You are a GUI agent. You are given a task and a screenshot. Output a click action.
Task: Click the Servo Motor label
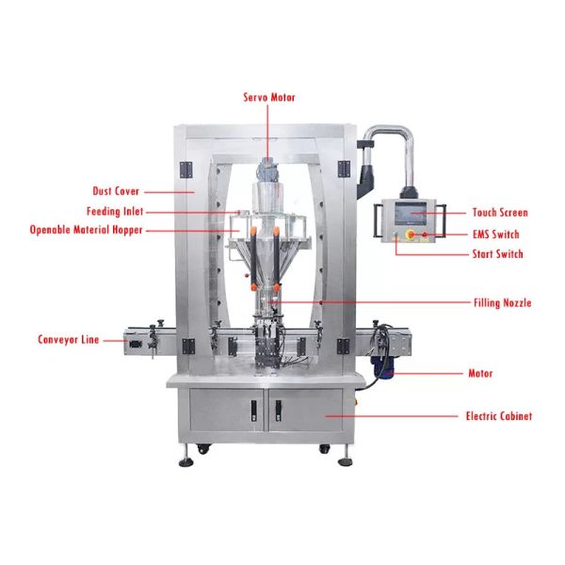pyautogui.click(x=269, y=97)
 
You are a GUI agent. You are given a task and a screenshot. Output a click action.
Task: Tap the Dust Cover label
pyautogui.click(x=116, y=191)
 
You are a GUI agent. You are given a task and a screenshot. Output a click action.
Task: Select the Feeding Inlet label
pyautogui.click(x=115, y=211)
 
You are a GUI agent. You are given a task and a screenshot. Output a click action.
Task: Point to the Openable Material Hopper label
pyautogui.click(x=86, y=230)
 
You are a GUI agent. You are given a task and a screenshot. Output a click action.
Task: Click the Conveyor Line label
pyautogui.click(x=68, y=339)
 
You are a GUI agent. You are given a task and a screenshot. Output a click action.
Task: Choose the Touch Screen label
pyautogui.click(x=500, y=213)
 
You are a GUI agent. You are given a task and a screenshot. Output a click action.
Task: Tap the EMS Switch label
pyautogui.click(x=496, y=234)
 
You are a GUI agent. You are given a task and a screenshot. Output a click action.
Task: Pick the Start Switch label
pyautogui.click(x=497, y=254)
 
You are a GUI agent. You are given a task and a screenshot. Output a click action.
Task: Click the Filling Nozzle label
pyautogui.click(x=502, y=302)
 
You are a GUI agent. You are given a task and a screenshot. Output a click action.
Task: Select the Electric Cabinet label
pyautogui.click(x=499, y=416)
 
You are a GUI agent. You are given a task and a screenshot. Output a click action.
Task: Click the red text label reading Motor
pyautogui.click(x=480, y=373)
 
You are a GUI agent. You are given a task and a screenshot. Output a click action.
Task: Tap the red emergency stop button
pyautogui.click(x=411, y=234)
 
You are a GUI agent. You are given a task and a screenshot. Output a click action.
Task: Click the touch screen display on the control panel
pyautogui.click(x=411, y=214)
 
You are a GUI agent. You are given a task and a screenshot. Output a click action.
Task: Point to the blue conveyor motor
pyautogui.click(x=382, y=367)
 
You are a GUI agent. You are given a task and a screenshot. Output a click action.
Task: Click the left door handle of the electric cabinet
pyautogui.click(x=254, y=411)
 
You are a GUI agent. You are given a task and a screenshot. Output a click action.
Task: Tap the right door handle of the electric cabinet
pyautogui.click(x=278, y=411)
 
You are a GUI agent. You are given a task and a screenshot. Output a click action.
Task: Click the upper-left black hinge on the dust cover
pyautogui.click(x=186, y=169)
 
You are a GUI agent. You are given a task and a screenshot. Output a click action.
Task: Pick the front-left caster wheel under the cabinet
pyautogui.click(x=202, y=449)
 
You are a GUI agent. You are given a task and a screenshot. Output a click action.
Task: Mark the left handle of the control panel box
pyautogui.click(x=378, y=220)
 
